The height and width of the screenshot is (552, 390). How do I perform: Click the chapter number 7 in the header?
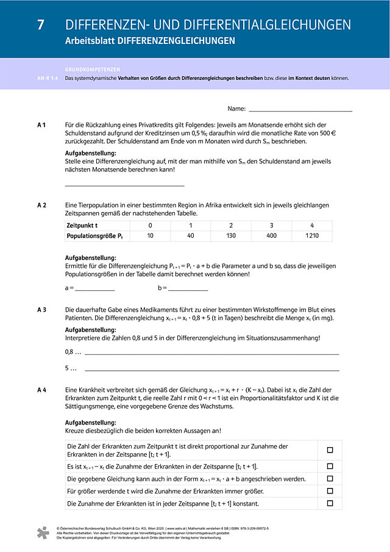click(40, 24)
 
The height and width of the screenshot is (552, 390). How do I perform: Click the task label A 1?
click(41, 124)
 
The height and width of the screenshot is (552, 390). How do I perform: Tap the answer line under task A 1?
click(124, 185)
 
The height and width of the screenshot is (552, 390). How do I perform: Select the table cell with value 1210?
click(311, 235)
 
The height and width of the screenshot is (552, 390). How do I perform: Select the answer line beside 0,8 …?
click(211, 354)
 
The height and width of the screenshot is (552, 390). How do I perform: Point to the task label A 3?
click(41, 310)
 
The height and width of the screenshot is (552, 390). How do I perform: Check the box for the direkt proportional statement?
click(330, 450)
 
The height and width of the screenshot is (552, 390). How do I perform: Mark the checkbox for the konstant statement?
click(330, 503)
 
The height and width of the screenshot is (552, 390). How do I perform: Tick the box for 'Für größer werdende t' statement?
click(330, 491)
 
